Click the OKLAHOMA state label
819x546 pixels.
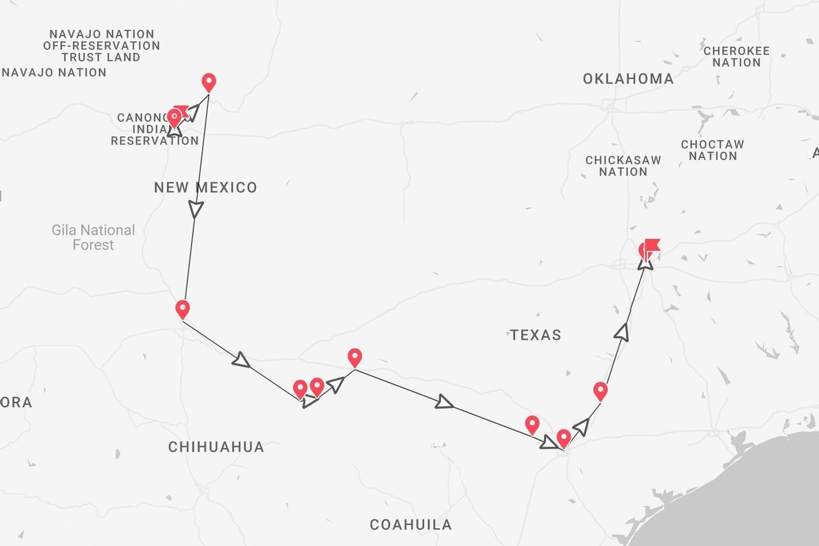628,79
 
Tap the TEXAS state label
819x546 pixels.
536,335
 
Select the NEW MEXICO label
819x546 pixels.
205,188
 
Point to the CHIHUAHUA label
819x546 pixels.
216,447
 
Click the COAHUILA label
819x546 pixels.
411,525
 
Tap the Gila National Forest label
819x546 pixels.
93,237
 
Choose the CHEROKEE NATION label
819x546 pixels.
736,56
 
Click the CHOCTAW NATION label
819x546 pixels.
712,150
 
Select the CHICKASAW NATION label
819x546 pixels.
623,166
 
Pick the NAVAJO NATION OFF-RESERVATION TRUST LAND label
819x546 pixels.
102,45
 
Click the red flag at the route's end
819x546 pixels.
652,246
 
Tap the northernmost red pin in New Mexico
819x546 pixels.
209,83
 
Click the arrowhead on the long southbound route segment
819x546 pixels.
196,209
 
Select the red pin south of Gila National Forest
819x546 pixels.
182,309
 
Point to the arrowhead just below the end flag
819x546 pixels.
645,262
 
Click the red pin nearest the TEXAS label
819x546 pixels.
600,390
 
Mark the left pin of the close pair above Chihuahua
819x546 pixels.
300,389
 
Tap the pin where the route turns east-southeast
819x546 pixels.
354,357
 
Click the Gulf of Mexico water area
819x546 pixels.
755,493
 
